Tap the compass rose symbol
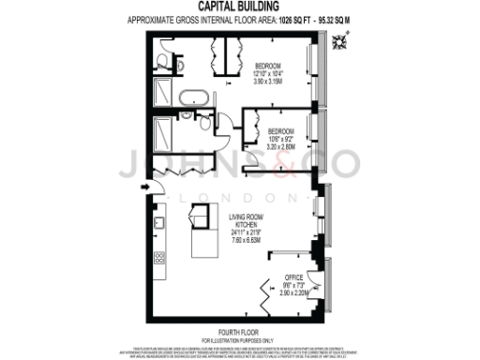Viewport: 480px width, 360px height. tap(350, 38)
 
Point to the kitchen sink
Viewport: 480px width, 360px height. tap(159, 223)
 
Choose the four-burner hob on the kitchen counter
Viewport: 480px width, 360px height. tap(158, 257)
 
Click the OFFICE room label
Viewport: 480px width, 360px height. tap(295, 277)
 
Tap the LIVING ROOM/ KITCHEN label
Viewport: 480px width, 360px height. tap(247, 220)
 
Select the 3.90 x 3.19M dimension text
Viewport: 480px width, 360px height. tap(270, 82)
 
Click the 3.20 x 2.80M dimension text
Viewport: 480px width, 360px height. tap(281, 147)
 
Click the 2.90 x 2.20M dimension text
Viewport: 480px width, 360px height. tap(296, 294)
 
